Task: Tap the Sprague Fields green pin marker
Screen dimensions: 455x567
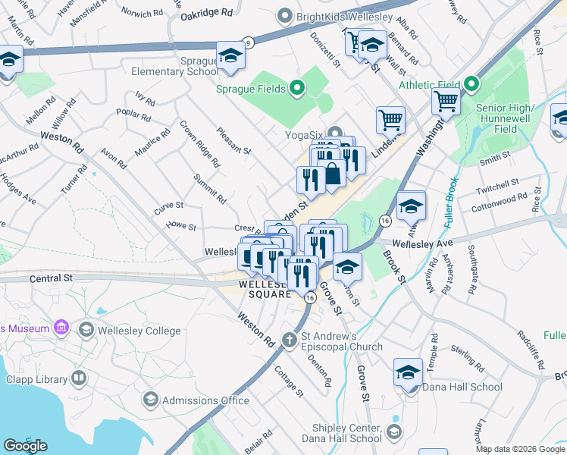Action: (296, 89)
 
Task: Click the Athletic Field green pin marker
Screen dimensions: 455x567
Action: (471, 83)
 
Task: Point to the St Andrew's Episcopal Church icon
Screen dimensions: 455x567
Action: (289, 340)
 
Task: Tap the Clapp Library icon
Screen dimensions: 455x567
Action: (79, 378)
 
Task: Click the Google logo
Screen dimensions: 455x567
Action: (25, 446)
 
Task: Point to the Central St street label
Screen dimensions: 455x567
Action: (50, 279)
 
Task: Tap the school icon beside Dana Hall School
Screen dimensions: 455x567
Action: (408, 373)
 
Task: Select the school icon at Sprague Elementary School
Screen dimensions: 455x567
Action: (230, 57)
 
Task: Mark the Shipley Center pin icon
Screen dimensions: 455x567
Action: (393, 431)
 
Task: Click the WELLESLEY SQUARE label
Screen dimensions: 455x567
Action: (265, 289)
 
